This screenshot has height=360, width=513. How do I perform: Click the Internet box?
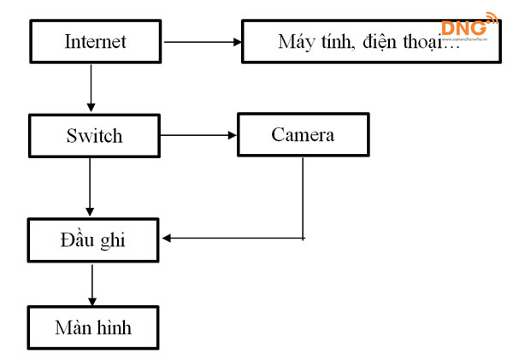click(94, 41)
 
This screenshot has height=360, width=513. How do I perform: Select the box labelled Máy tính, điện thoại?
click(369, 41)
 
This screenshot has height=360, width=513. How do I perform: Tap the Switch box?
click(94, 135)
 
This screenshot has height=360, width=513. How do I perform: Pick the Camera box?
click(303, 135)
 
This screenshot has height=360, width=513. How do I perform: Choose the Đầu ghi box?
click(94, 239)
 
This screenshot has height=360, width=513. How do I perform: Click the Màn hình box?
click(94, 328)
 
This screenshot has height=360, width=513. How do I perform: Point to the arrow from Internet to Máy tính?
click(202, 41)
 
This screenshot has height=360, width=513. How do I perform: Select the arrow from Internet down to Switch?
click(91, 88)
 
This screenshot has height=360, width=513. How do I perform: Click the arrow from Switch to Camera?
click(198, 135)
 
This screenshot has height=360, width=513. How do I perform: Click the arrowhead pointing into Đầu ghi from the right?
click(168, 238)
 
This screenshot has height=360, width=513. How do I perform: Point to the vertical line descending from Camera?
click(304, 197)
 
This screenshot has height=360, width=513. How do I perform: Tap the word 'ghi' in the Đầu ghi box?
click(111, 240)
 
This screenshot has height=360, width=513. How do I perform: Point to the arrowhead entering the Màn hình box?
click(91, 301)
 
